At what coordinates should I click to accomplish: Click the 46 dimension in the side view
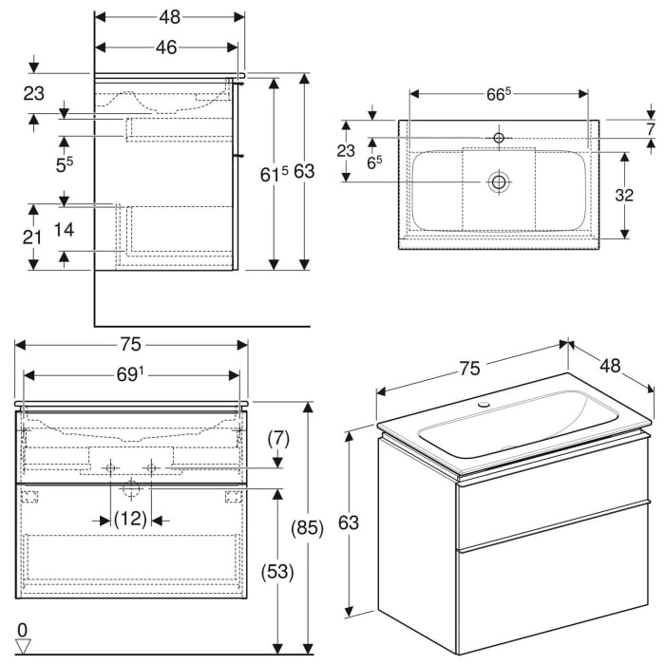pos(166,47)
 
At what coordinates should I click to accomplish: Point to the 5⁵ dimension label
pos(64,163)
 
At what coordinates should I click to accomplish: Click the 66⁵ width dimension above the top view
pos(499,93)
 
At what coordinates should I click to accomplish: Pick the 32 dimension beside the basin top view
pos(624,196)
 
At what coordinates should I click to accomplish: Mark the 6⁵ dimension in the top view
pos(374,161)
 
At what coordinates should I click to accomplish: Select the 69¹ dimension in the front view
pos(130,376)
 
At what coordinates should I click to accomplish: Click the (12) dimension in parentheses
pos(130,520)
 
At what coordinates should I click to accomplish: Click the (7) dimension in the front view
pos(277,439)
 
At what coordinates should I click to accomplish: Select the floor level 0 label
pos(22,629)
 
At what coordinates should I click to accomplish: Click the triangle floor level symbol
pos(23,646)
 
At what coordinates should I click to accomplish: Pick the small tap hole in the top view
pos(498,138)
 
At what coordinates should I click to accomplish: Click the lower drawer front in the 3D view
pos(553,598)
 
